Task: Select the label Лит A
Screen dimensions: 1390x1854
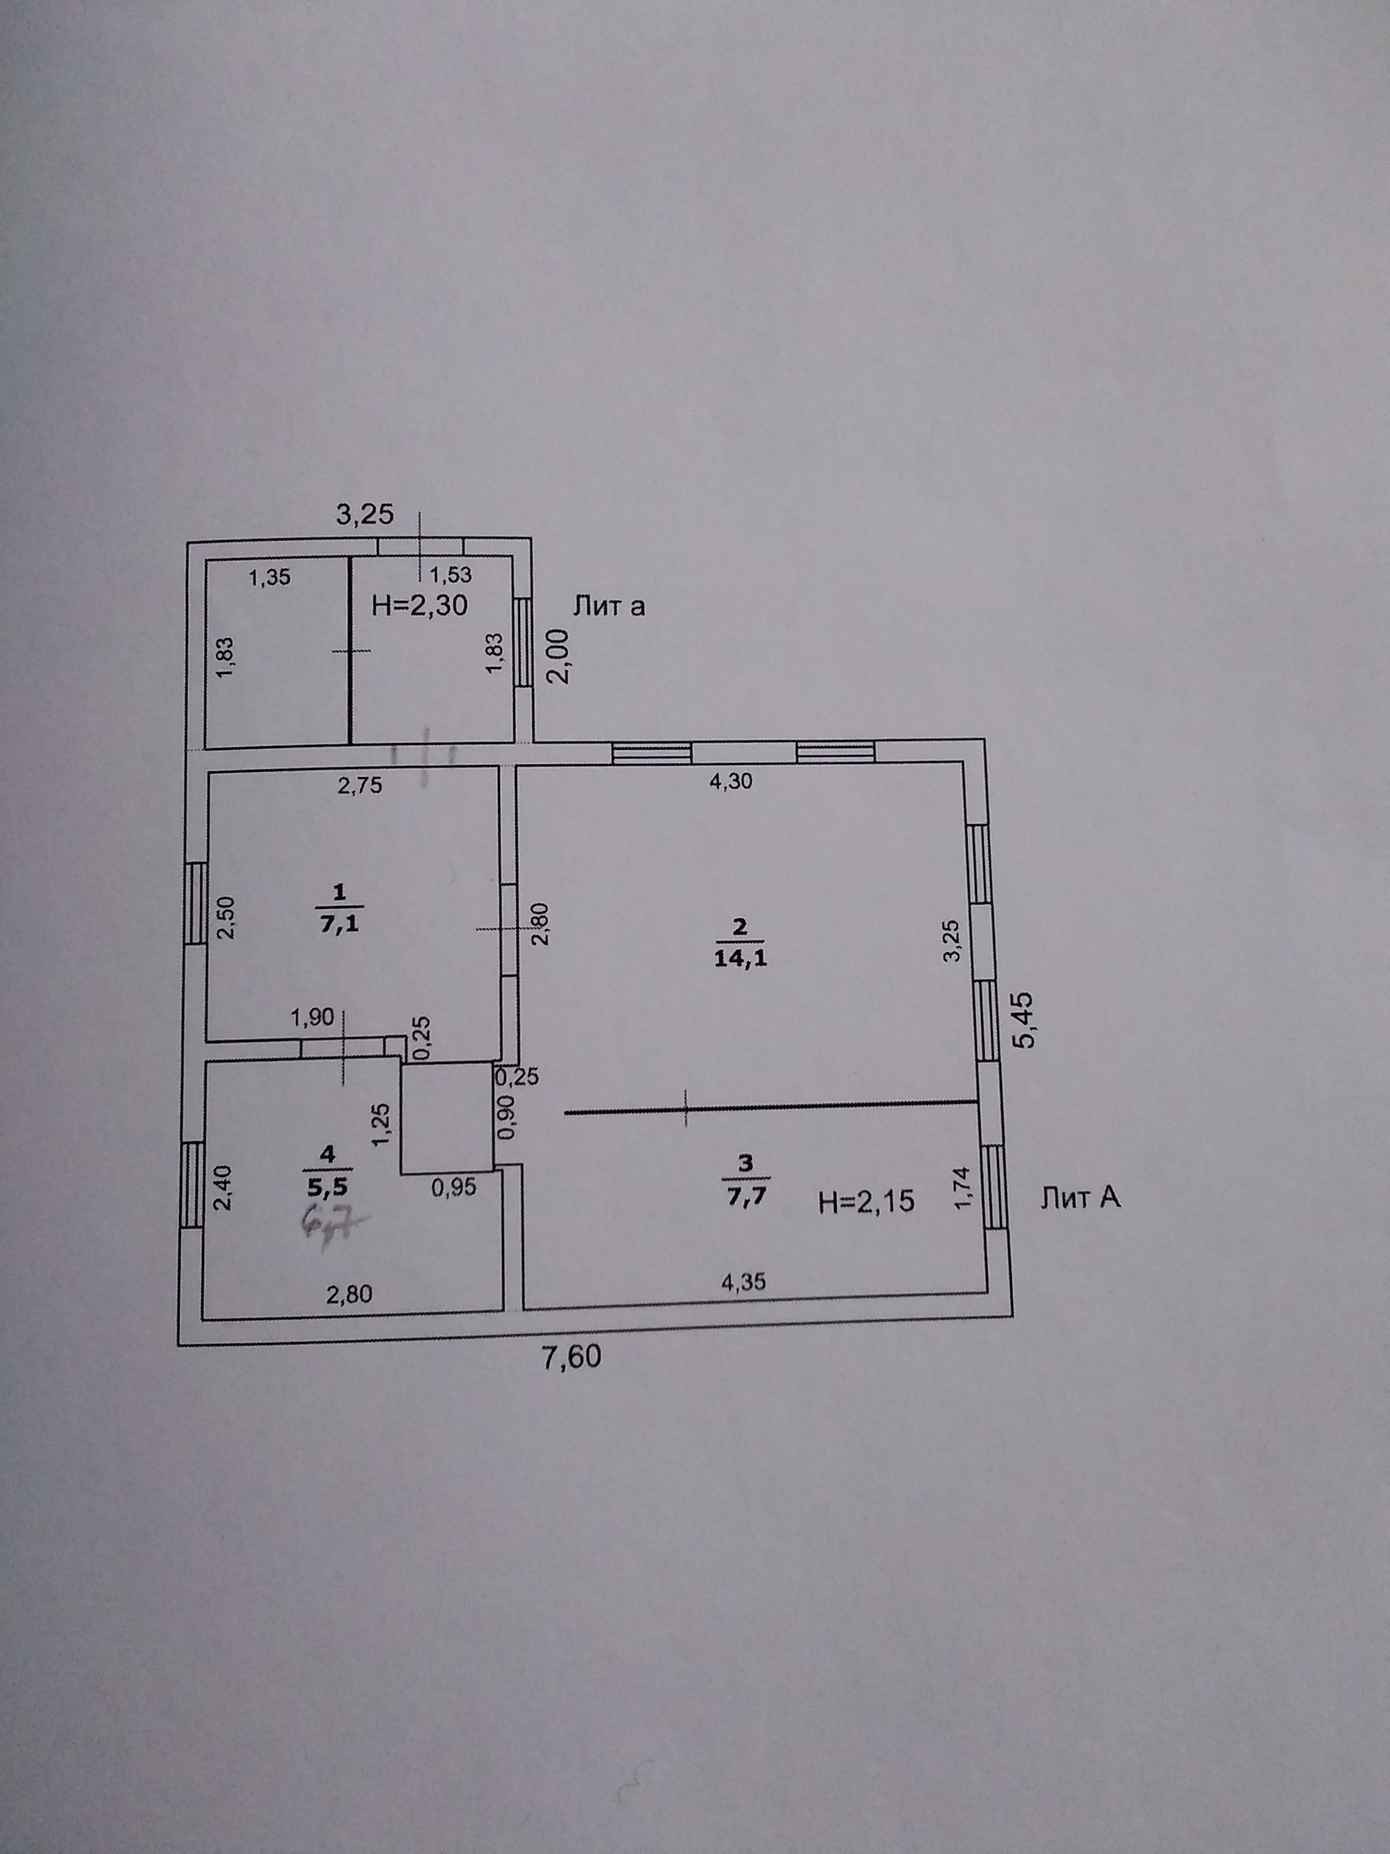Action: (x=1080, y=1199)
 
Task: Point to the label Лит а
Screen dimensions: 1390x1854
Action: (x=608, y=605)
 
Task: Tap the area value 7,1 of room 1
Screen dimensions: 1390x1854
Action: (x=340, y=925)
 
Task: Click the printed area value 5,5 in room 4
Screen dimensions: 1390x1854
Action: (x=327, y=1187)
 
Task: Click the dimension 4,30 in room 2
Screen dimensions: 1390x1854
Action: (x=730, y=782)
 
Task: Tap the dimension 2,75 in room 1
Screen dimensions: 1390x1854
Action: (x=359, y=784)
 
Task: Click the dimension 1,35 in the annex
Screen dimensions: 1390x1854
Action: (x=270, y=576)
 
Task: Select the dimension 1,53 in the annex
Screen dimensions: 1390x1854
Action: (x=451, y=575)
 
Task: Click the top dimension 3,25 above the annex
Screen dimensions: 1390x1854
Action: (x=364, y=513)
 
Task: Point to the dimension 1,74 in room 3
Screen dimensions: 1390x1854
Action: (x=963, y=1188)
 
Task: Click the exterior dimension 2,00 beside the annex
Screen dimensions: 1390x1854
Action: (x=559, y=656)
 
